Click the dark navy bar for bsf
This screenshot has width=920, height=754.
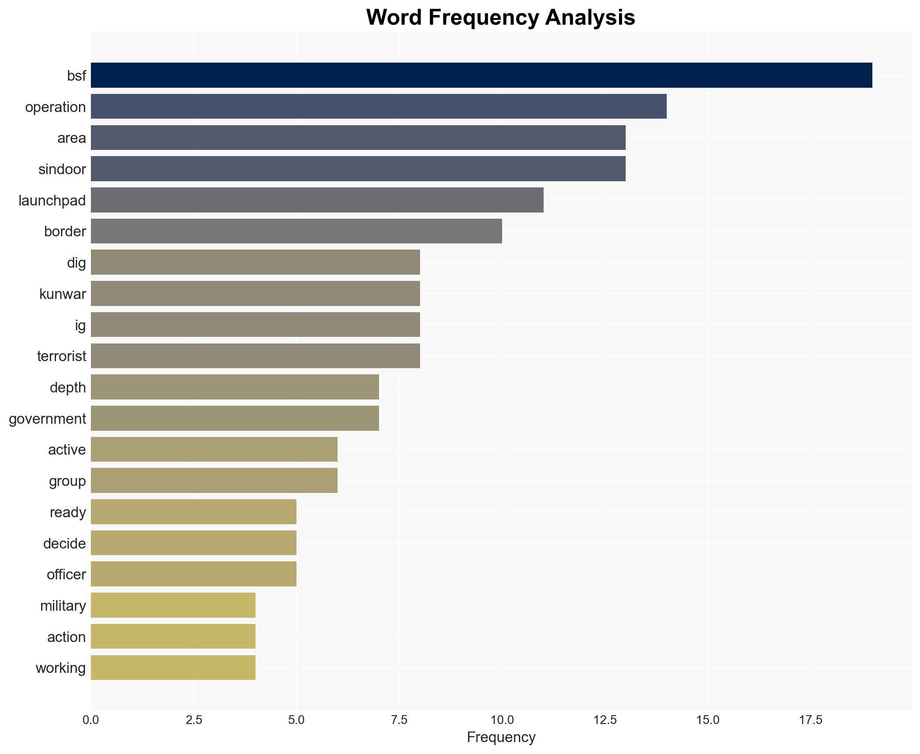tap(481, 75)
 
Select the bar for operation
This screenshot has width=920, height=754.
tap(379, 107)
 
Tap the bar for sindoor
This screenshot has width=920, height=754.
tap(358, 169)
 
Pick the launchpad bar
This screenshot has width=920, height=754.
tap(317, 200)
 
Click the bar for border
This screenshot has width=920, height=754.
tap(296, 231)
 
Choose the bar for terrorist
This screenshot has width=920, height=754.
tap(255, 356)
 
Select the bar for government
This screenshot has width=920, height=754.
tap(235, 418)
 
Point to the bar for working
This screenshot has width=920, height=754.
tap(173, 668)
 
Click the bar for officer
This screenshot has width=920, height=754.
tap(193, 574)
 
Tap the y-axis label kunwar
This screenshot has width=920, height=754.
tap(63, 294)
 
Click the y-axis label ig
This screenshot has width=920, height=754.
tap(80, 325)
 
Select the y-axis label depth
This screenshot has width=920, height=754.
tap(68, 388)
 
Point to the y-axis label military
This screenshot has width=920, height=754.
tap(63, 606)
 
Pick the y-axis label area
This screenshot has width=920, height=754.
tap(71, 138)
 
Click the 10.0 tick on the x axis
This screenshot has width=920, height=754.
tap(502, 720)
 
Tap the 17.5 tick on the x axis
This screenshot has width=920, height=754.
tap(811, 720)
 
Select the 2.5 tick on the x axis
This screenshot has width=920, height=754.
tap(194, 720)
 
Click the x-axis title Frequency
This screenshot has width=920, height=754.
tap(501, 737)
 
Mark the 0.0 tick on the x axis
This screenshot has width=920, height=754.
tap(91, 720)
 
